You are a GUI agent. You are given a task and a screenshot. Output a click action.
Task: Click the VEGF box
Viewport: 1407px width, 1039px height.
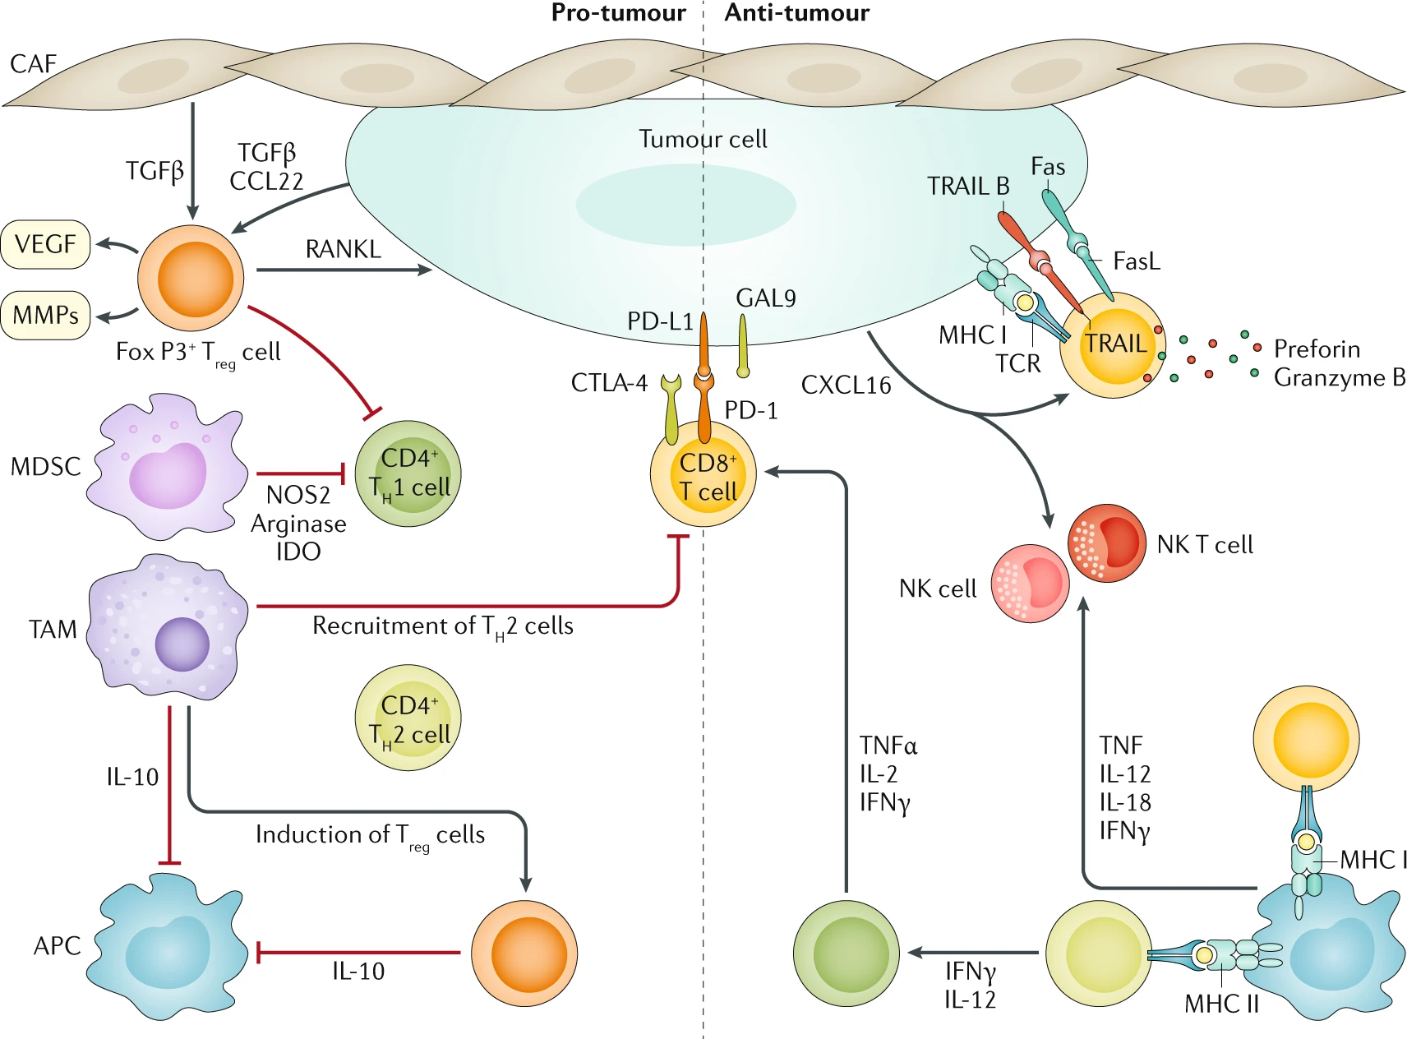[x=45, y=244]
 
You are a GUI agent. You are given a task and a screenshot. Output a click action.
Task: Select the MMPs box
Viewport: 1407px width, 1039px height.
[x=45, y=315]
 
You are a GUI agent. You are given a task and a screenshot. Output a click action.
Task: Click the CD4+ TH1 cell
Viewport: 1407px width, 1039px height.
[x=408, y=473]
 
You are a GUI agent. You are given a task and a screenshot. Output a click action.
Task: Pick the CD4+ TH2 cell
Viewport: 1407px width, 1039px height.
[x=408, y=718]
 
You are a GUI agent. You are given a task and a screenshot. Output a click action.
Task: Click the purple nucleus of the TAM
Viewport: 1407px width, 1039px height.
[x=182, y=644]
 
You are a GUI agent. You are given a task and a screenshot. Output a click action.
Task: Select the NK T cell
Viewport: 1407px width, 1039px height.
[x=1107, y=543]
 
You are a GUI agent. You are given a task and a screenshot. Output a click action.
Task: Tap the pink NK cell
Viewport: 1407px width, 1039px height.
[x=1031, y=583]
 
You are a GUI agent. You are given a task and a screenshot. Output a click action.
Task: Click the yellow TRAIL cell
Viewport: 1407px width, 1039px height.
[x=1113, y=345]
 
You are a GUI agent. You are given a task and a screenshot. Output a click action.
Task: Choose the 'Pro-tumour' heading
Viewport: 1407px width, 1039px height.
[x=618, y=12]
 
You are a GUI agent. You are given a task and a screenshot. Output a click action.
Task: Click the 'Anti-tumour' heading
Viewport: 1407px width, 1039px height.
[x=796, y=12]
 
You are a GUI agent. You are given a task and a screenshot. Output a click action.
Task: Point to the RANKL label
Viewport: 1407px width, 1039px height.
[x=344, y=249]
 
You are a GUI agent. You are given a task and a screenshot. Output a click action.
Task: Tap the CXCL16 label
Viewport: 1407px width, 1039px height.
[x=846, y=385]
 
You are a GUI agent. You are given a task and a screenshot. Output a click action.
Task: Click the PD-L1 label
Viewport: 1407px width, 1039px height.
[x=660, y=321]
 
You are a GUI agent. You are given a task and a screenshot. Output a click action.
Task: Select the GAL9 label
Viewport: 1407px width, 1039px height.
[x=766, y=298]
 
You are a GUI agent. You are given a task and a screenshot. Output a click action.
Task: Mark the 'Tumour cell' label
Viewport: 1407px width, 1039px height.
[x=703, y=139]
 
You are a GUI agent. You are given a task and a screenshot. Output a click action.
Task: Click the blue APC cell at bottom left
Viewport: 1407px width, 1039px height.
[x=172, y=947]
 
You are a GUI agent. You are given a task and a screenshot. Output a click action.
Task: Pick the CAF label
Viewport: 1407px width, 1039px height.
[x=33, y=63]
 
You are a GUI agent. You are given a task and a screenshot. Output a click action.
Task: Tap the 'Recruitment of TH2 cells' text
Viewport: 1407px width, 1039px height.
[x=443, y=627]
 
